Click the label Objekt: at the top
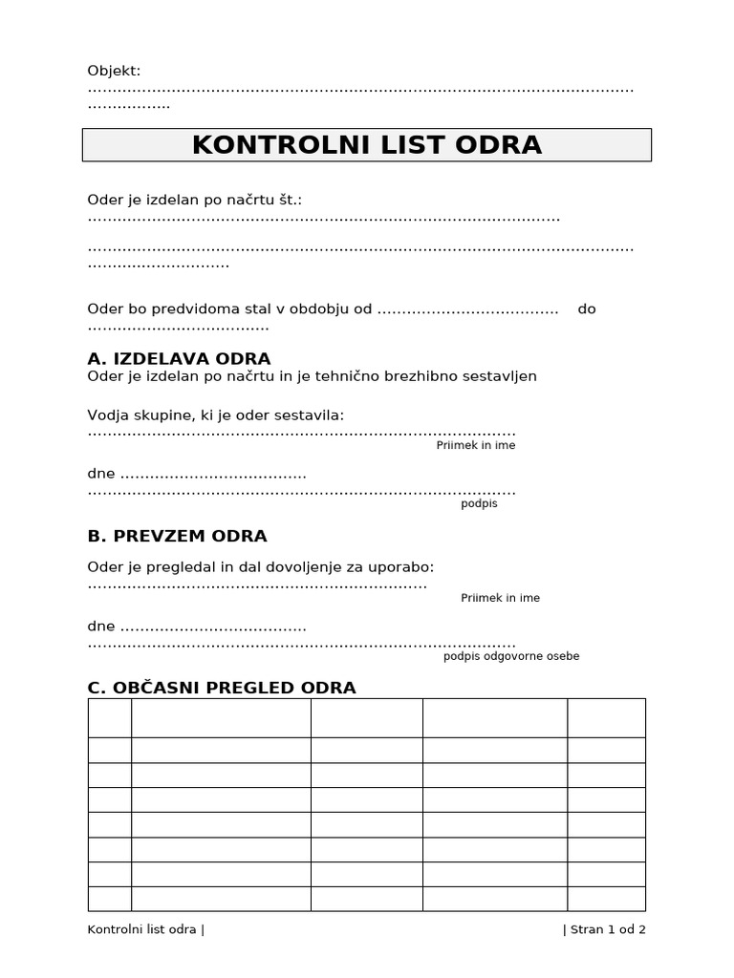click(114, 71)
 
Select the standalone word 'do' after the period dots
click(587, 309)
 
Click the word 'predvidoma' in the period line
click(190, 309)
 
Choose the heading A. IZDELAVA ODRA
click(179, 359)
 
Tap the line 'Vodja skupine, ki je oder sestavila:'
click(216, 415)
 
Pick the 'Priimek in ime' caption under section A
click(475, 446)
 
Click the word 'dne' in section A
click(100, 474)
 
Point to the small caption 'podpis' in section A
click(479, 504)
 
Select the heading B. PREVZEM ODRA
click(177, 536)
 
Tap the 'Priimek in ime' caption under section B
click(500, 599)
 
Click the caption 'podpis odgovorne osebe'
click(511, 657)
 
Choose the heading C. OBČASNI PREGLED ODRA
click(221, 688)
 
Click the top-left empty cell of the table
click(109, 717)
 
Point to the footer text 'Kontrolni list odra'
click(141, 929)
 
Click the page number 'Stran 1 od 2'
click(608, 929)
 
